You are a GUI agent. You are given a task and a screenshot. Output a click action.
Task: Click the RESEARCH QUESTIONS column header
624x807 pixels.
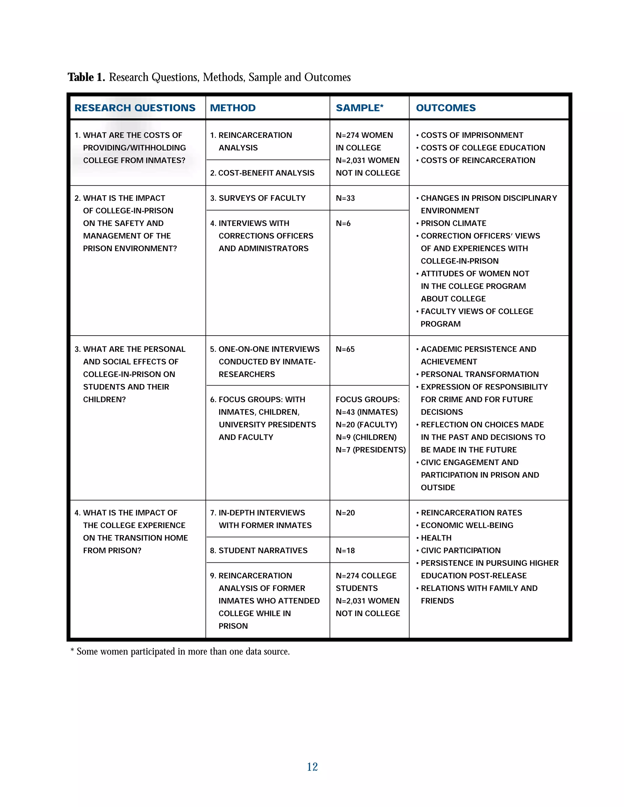[x=135, y=108]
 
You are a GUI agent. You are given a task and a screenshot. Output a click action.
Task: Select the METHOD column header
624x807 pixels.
[x=233, y=108]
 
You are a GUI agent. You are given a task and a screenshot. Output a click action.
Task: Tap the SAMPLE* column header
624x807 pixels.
[x=359, y=108]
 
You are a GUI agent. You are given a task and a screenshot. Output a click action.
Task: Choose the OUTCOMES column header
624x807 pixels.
[x=446, y=108]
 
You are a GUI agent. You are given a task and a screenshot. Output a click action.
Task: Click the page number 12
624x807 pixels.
[x=312, y=767]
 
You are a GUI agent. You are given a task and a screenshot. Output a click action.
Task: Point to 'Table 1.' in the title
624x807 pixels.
[x=86, y=77]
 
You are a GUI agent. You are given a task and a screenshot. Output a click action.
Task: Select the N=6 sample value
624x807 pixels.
[x=343, y=224]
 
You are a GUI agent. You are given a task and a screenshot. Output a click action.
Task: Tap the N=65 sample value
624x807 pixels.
[x=345, y=349]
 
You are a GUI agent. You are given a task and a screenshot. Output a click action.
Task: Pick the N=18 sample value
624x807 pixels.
[x=345, y=551]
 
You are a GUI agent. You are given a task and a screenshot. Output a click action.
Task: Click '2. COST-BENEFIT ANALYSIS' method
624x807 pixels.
[x=262, y=173]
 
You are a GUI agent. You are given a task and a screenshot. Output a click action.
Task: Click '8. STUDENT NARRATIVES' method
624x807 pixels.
[x=258, y=551]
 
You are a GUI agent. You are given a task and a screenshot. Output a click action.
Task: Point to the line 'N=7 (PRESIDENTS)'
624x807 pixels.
[x=370, y=450]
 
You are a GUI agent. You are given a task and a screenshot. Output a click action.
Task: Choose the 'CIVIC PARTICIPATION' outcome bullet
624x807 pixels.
[x=460, y=551]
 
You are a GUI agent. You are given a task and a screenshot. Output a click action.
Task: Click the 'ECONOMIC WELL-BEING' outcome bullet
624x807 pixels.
[x=466, y=525]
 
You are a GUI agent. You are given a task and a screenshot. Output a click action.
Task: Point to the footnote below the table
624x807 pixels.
[x=180, y=651]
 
